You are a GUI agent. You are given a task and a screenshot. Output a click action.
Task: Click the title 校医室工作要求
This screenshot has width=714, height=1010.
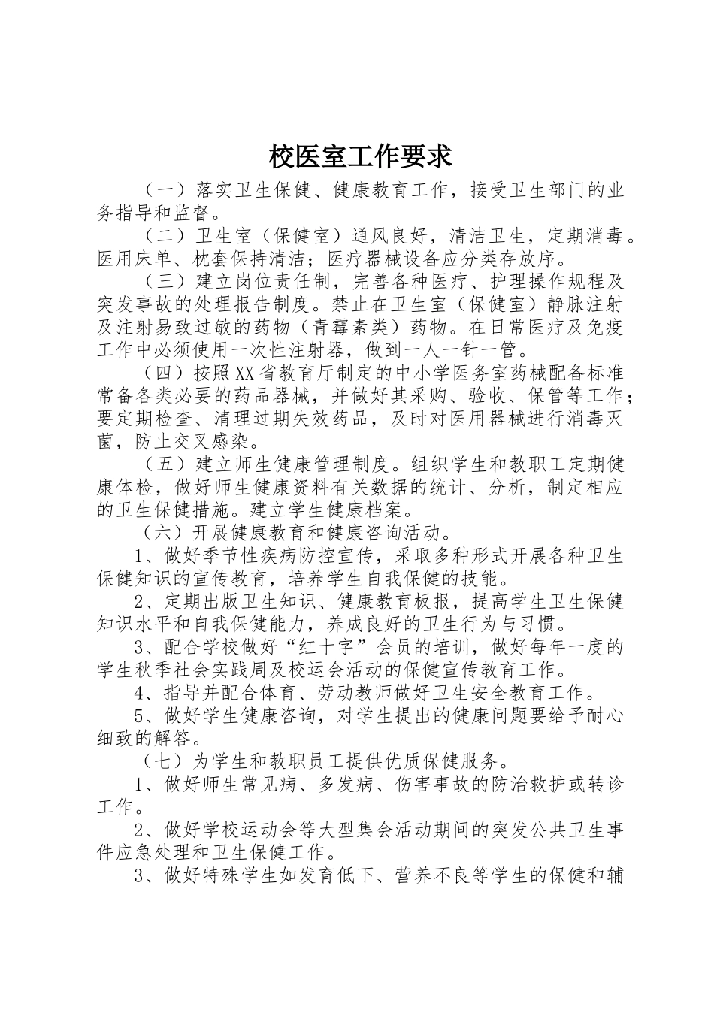pos(360,156)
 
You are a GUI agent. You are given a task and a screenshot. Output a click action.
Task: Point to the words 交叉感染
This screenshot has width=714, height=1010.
pos(196,441)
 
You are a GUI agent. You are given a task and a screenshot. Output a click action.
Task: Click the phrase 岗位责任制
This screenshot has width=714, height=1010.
pos(264,282)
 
